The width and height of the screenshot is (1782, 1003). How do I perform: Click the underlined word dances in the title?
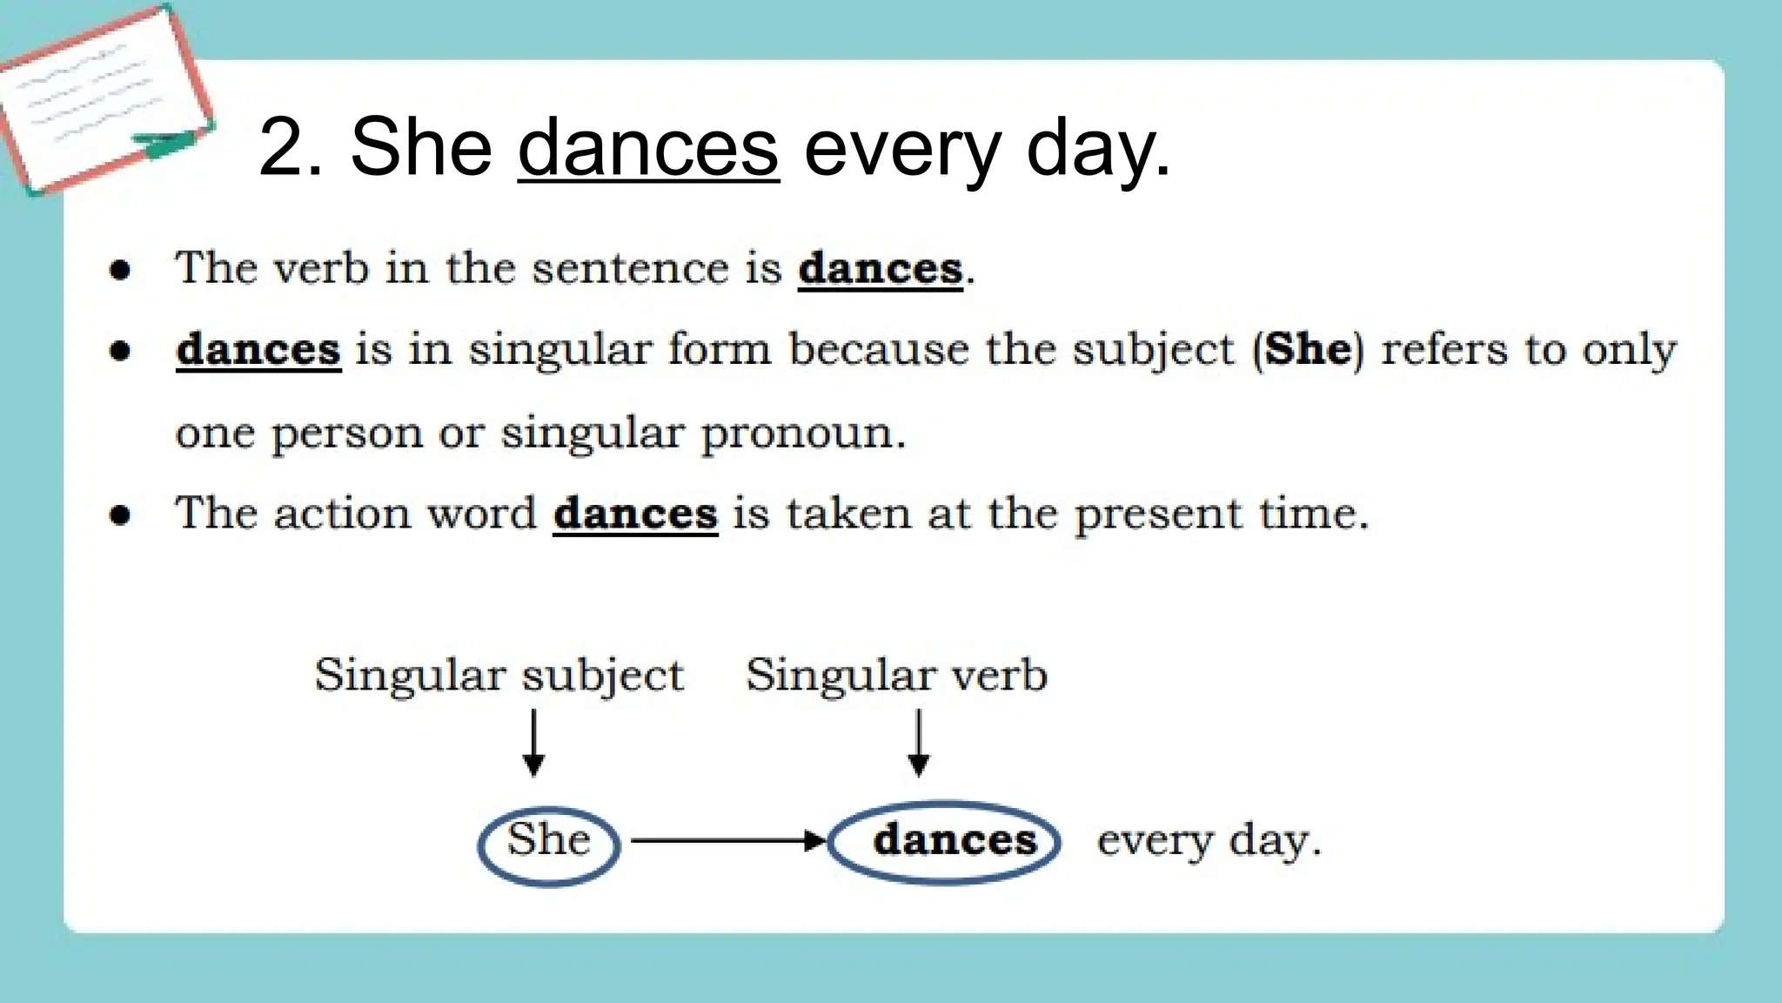pos(648,148)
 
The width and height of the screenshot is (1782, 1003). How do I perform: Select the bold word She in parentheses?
pos(1308,349)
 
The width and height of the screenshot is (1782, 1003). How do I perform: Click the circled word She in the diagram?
pos(549,841)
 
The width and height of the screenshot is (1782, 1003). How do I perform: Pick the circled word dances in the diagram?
pos(955,841)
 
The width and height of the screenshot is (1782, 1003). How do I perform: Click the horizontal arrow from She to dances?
pos(727,841)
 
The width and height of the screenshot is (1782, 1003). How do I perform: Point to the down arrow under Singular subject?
pos(534,742)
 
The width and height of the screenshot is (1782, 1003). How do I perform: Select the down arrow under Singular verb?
pos(919,742)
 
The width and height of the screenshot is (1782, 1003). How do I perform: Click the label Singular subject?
pos(499,676)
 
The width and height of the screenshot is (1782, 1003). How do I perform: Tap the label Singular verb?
pos(896,676)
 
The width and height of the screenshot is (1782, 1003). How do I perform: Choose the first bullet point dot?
pos(120,270)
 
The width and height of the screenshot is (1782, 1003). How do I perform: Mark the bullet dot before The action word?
pos(120,515)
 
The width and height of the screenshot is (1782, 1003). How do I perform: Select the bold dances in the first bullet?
pos(881,268)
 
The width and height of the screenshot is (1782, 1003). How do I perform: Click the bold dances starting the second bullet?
pos(258,350)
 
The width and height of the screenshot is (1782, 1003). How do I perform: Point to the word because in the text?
pos(878,349)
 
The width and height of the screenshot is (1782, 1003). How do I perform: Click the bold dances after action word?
pos(635,514)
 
